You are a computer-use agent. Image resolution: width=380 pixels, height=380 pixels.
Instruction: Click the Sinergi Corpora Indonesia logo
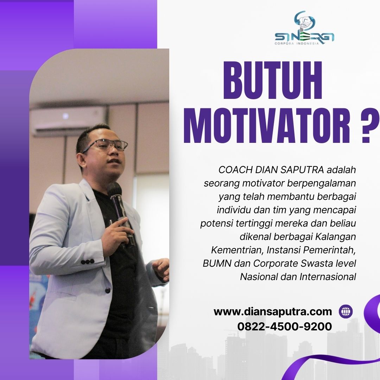pos(304,28)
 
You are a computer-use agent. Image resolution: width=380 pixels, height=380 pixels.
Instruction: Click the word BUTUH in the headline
pos(273,80)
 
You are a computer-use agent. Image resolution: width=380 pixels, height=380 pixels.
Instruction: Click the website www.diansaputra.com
pos(273,311)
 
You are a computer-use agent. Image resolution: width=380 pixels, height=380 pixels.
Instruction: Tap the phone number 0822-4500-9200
pos(285,327)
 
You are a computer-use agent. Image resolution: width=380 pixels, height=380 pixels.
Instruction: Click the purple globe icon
pos(346,311)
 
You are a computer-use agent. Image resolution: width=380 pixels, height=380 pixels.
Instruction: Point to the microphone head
pos(114,188)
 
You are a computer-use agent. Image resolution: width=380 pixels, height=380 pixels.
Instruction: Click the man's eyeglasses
pos(107,145)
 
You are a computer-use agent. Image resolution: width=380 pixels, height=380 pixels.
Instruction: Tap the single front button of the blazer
pos(108,290)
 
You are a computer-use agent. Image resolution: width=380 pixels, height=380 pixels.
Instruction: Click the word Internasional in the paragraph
pos(328,277)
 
